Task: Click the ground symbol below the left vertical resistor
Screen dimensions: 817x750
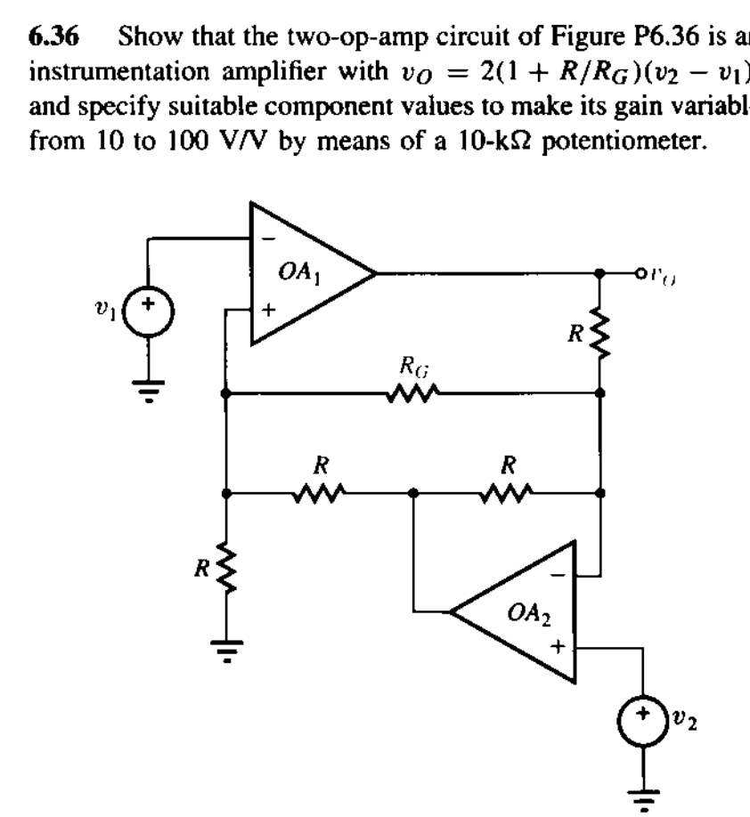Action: point(228,655)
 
